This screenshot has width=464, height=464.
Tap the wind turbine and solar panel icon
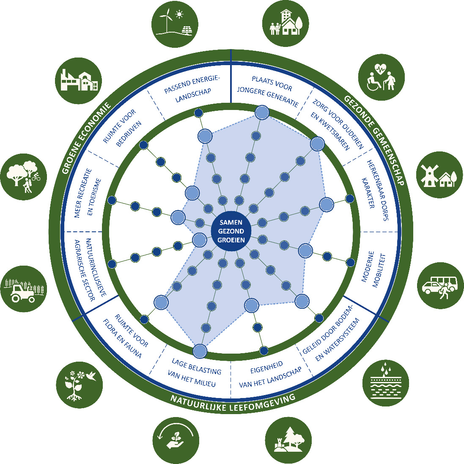click(x=174, y=25)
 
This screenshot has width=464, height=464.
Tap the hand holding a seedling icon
click(x=175, y=440)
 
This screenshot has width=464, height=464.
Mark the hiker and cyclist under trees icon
click(x=24, y=174)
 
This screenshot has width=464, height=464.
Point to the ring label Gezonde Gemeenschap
click(x=375, y=140)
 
